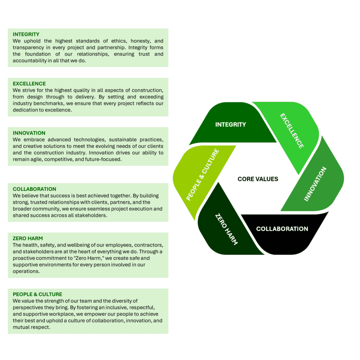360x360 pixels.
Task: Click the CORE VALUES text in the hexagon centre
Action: click(x=258, y=179)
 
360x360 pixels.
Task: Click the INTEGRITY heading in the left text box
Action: click(x=26, y=34)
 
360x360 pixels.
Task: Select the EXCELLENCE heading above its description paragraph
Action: click(x=29, y=84)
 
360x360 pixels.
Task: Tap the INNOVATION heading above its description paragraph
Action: click(x=29, y=133)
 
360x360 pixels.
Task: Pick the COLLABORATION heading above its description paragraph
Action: click(x=34, y=189)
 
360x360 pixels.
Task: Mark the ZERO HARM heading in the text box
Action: click(x=28, y=238)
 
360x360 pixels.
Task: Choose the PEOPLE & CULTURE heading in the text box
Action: click(x=37, y=294)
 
